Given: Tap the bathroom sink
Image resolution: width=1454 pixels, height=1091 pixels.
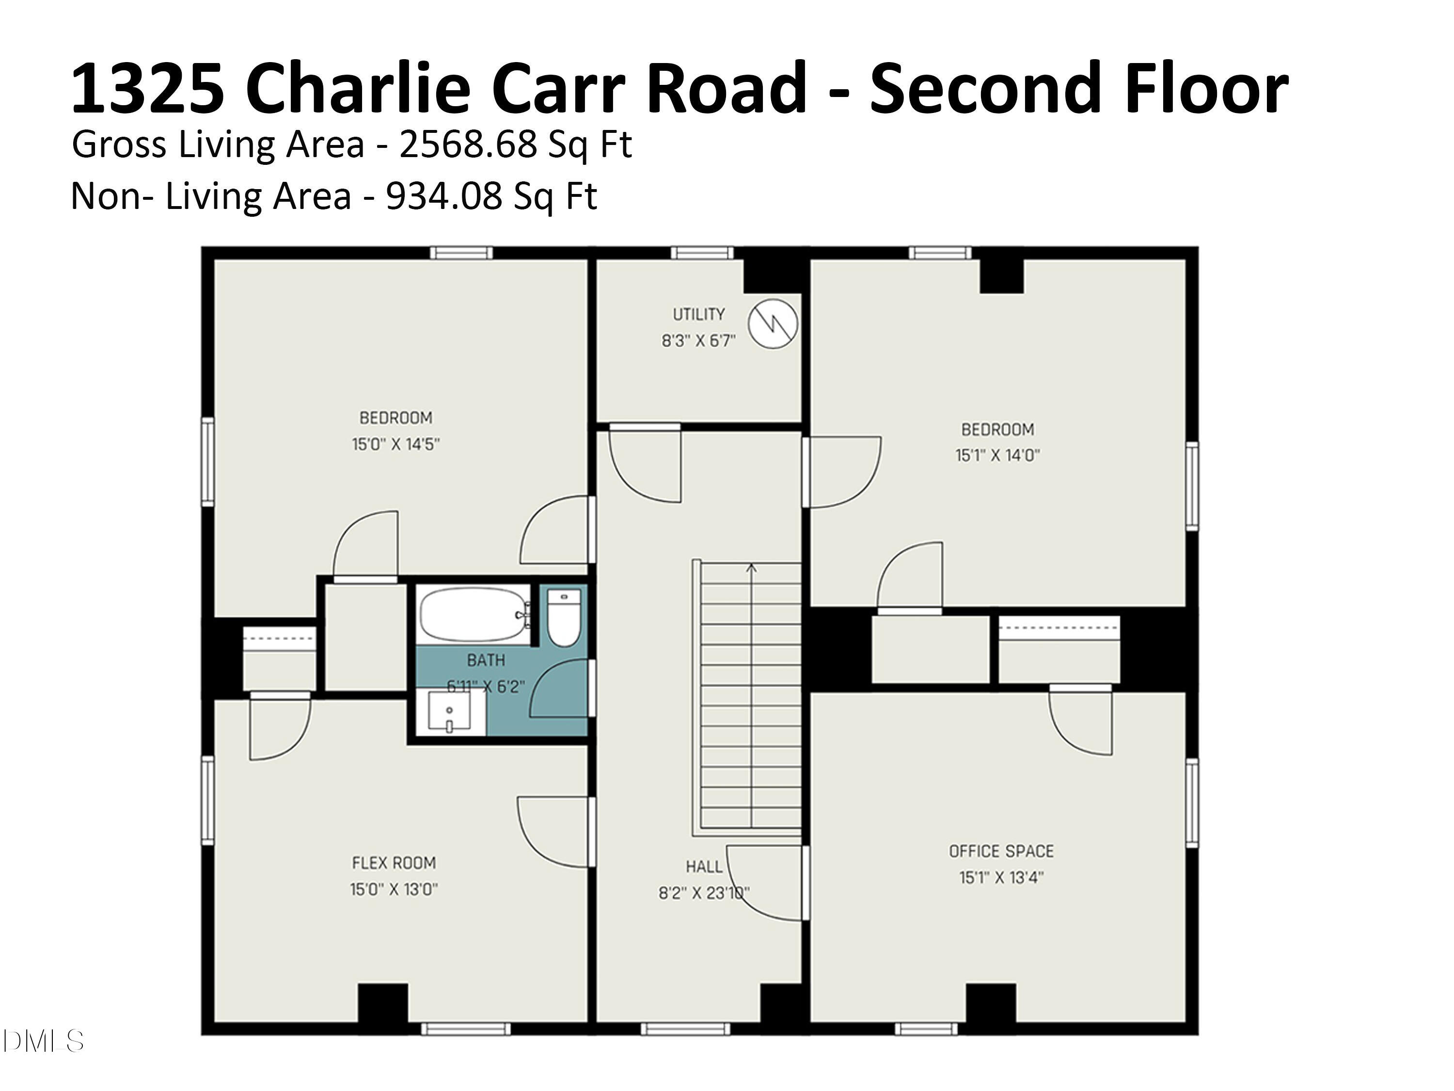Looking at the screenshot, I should pyautogui.click(x=450, y=713).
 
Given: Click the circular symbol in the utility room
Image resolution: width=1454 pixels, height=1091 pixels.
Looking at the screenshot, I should pyautogui.click(x=773, y=323).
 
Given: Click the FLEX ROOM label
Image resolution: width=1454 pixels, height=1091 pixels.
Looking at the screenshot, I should pyautogui.click(x=393, y=863).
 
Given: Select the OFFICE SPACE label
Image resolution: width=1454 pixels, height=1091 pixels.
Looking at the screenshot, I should pyautogui.click(x=1001, y=851).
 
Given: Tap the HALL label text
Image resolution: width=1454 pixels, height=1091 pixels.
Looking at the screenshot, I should pyautogui.click(x=704, y=867).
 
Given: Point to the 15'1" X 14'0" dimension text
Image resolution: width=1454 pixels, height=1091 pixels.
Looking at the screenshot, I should pyautogui.click(x=997, y=455).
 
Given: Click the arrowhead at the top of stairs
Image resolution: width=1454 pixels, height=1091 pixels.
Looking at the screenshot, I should pyautogui.click(x=752, y=567).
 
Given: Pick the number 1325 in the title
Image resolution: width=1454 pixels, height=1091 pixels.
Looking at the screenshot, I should pyautogui.click(x=147, y=89).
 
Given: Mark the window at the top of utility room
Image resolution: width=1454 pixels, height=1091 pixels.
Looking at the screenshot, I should pyautogui.click(x=701, y=253).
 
